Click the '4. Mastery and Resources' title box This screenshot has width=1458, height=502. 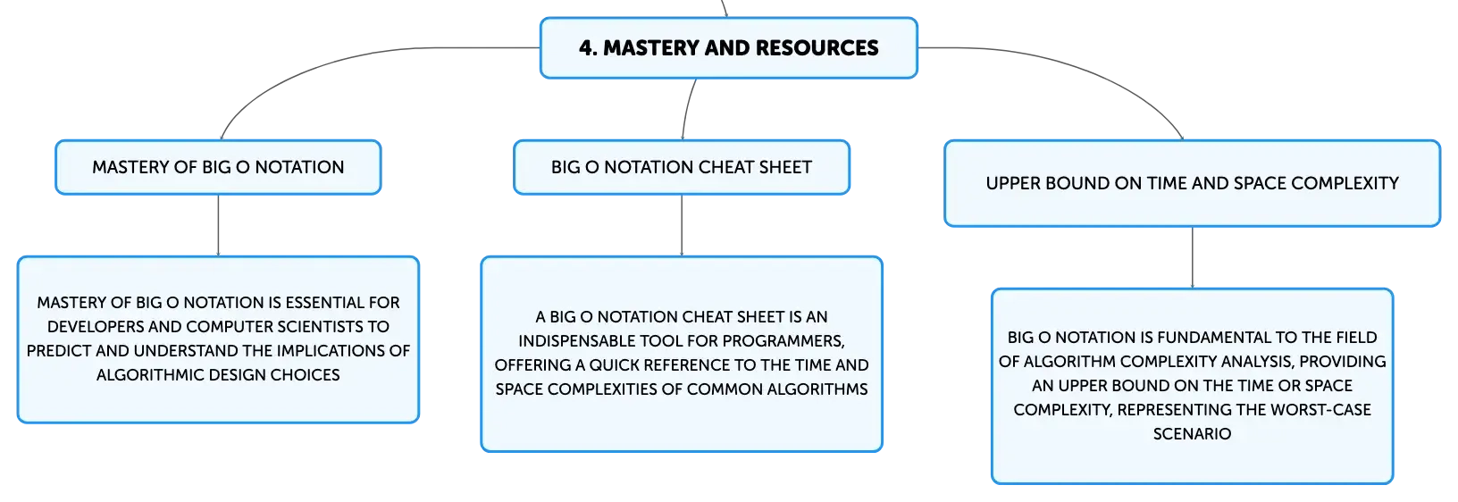pyautogui.click(x=728, y=48)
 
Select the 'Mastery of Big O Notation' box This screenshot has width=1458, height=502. pyautogui.click(x=218, y=167)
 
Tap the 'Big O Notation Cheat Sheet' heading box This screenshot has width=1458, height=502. pyautogui.click(x=682, y=167)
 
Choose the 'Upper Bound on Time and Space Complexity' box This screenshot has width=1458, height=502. pyautogui.click(x=1192, y=183)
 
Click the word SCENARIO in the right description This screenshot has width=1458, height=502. pyautogui.click(x=1192, y=434)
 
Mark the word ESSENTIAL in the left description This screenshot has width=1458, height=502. pyautogui.click(x=324, y=303)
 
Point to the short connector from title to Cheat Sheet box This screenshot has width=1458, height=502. pyautogui.click(x=687, y=109)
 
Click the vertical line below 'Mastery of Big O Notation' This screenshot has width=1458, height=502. pyautogui.click(x=218, y=225)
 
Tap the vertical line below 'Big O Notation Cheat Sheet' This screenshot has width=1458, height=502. pyautogui.click(x=682, y=225)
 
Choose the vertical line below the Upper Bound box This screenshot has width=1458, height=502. pyautogui.click(x=1193, y=257)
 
